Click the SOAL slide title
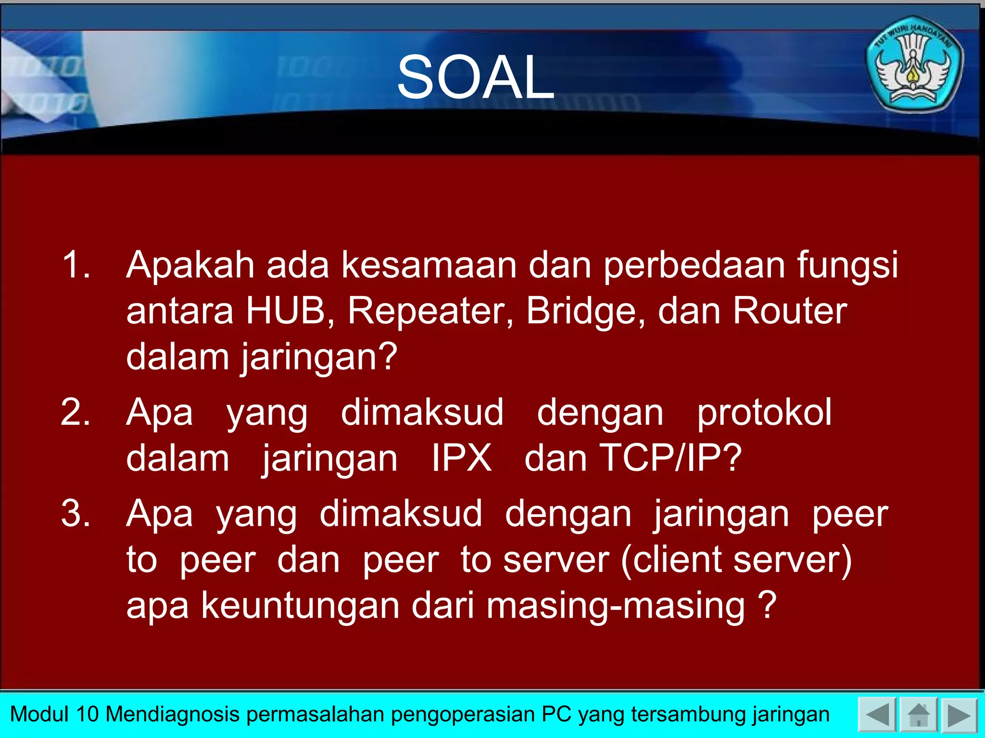point(475,77)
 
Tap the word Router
point(789,311)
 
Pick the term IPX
point(461,458)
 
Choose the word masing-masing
point(615,606)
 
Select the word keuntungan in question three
point(301,606)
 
